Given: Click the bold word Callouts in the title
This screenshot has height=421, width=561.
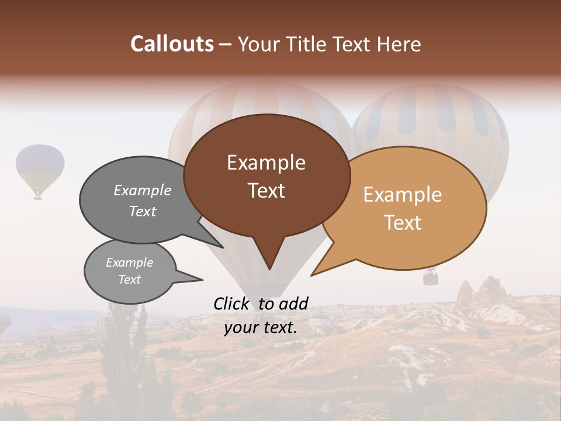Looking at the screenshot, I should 172,44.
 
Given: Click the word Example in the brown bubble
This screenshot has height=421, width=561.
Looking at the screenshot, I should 266,163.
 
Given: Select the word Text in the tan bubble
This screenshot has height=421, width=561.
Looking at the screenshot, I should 403,223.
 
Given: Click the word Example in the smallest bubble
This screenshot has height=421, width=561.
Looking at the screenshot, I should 129,263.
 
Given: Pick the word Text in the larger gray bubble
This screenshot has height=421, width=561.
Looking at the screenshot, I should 143,211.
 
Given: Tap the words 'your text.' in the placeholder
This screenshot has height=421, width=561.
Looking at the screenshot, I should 261,327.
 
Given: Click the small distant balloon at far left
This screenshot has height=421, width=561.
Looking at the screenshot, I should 40,167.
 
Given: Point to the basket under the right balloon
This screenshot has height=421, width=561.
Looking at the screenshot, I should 431,277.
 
